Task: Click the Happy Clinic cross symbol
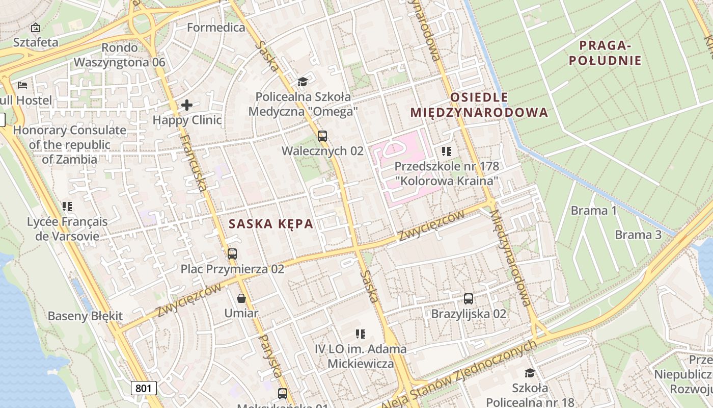coord(187,106)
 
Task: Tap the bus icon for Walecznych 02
coord(322,136)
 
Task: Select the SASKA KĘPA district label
coord(270,224)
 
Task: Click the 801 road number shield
coord(144,388)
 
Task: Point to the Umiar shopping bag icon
coord(241,298)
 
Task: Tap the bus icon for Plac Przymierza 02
coord(232,253)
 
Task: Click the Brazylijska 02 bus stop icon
coord(469,299)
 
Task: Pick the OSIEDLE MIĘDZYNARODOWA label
coord(479,105)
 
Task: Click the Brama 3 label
coord(638,235)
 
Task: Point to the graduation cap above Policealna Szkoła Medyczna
coord(303,82)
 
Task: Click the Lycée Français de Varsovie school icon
coord(67,207)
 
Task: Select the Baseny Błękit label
coord(85,316)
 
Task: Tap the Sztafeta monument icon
coord(36,28)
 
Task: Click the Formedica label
coord(216,28)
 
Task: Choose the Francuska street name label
coord(194,163)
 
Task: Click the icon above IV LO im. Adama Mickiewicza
coord(361,334)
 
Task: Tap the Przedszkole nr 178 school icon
coord(447,151)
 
